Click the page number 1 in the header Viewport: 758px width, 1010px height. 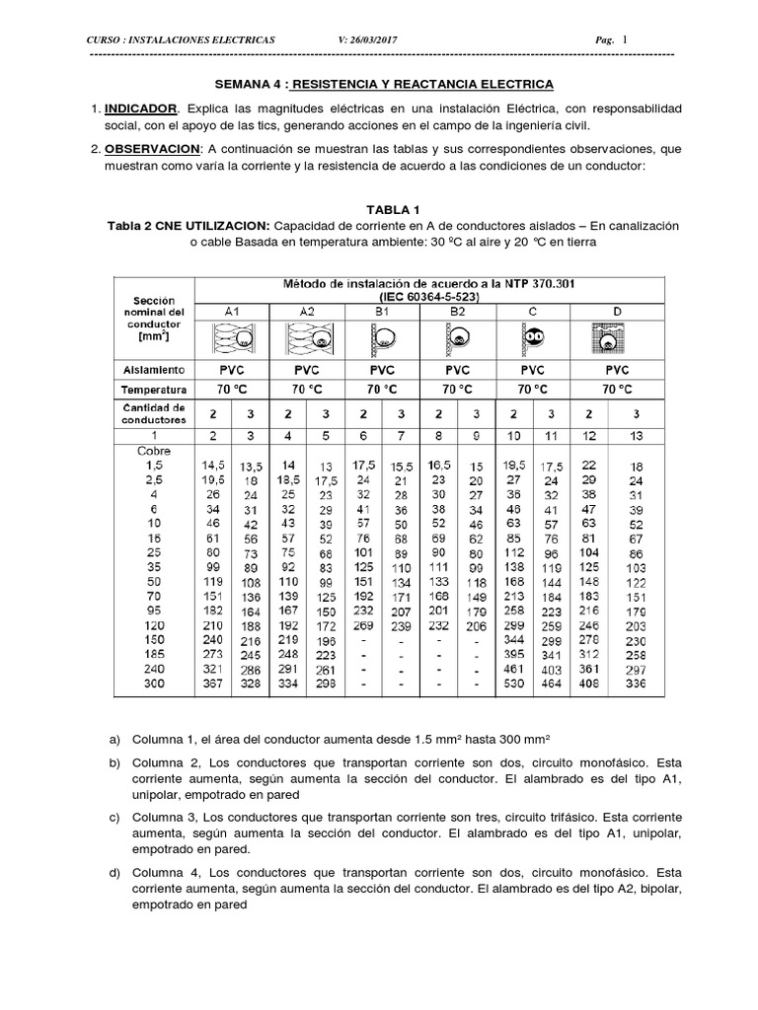pos(624,38)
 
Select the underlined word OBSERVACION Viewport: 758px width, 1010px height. pos(152,148)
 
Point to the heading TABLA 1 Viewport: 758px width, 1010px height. pos(393,210)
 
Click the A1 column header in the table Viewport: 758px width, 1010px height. pos(232,311)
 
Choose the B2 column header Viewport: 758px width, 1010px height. pos(458,311)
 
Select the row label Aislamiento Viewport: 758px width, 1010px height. pos(153,369)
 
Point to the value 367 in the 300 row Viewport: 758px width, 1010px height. pos(214,683)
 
